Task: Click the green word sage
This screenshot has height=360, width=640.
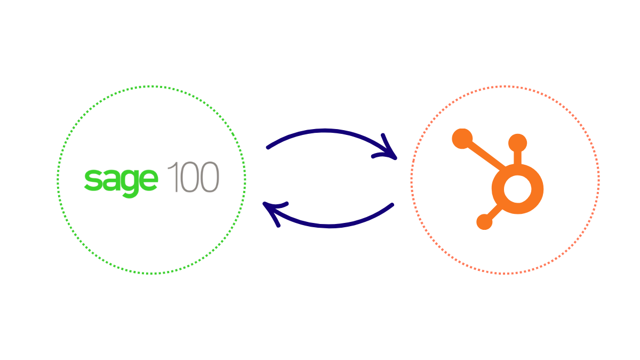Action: pyautogui.click(x=121, y=180)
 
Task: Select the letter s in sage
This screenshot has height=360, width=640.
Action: pyautogui.click(x=93, y=180)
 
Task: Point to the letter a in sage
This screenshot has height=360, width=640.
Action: pyautogui.click(x=111, y=180)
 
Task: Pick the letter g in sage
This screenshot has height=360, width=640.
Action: pyautogui.click(x=130, y=183)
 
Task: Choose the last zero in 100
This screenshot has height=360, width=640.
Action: pyautogui.click(x=209, y=177)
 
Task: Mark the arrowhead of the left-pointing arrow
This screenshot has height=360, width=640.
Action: pyautogui.click(x=272, y=212)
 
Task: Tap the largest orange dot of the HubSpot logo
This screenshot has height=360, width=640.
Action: pyautogui.click(x=462, y=139)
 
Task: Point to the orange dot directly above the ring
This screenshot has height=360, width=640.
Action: pyautogui.click(x=517, y=142)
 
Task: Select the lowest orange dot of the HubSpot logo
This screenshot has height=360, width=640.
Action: pyautogui.click(x=484, y=221)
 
